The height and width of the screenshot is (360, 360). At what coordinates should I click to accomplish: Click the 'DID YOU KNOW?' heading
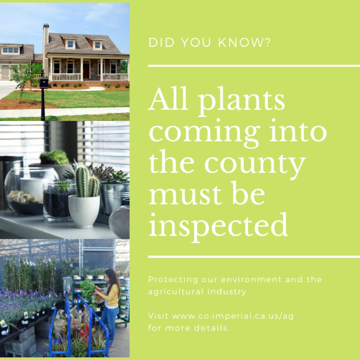[x=209, y=43]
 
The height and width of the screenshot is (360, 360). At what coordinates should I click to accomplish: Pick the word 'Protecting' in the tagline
[x=173, y=280]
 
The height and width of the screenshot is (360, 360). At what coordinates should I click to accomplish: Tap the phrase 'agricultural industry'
[x=197, y=292]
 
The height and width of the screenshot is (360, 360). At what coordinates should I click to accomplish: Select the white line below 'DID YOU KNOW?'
[x=254, y=66]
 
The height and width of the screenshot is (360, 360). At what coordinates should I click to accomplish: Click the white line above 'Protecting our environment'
[x=254, y=257]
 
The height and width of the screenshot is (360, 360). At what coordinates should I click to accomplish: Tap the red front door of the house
[x=86, y=71]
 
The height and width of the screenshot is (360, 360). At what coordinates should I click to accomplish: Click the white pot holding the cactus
[x=84, y=211]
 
